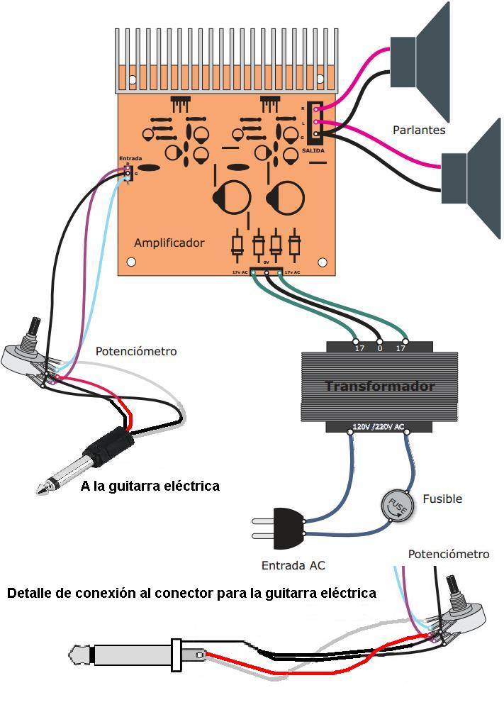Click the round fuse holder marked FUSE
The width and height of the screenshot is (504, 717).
click(x=396, y=506)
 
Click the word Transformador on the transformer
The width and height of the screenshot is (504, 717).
click(x=379, y=387)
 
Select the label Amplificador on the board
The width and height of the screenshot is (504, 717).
click(x=169, y=243)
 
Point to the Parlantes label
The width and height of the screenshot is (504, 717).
click(x=419, y=130)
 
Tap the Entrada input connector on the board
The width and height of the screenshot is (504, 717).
click(x=127, y=172)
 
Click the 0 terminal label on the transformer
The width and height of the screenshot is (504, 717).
click(x=379, y=348)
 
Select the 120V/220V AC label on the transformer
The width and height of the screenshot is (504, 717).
click(x=379, y=428)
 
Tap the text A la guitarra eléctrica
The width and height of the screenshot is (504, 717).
click(x=150, y=487)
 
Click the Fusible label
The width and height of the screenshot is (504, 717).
click(x=442, y=499)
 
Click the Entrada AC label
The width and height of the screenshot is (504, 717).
click(x=293, y=565)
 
